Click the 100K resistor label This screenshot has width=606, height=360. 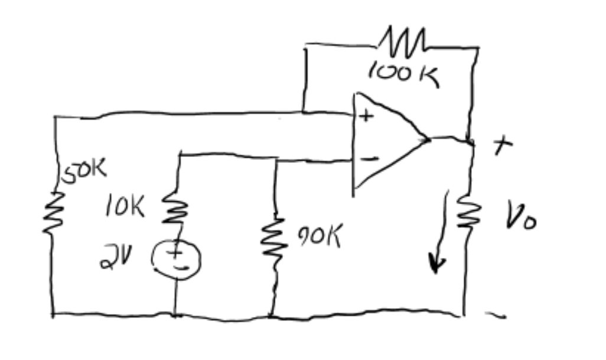pyautogui.click(x=403, y=74)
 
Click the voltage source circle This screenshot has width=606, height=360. pyautogui.click(x=177, y=258)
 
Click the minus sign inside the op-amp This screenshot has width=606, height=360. pyautogui.click(x=369, y=158)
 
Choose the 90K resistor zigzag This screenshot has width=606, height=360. pyautogui.click(x=273, y=236)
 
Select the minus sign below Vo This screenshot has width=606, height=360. pyautogui.click(x=497, y=316)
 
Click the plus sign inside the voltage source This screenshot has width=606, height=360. pyautogui.click(x=176, y=253)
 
